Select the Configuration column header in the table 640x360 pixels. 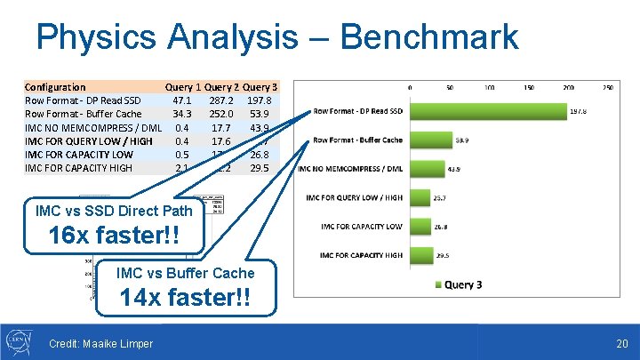point(55,87)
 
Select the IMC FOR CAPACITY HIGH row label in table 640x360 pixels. point(78,167)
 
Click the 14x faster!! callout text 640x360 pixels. point(186,298)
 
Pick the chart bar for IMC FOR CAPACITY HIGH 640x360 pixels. point(420,255)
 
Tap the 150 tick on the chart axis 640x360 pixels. point(529,87)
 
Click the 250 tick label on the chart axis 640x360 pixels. point(608,87)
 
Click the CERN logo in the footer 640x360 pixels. point(20,341)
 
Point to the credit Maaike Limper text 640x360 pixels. point(100,344)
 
